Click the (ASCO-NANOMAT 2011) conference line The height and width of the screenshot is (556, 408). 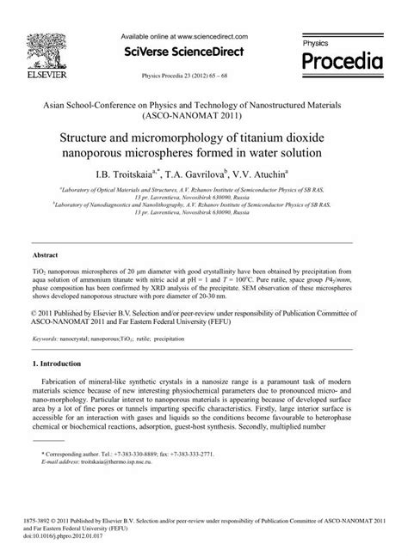coord(203,113)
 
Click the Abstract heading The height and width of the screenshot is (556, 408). coord(45,256)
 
